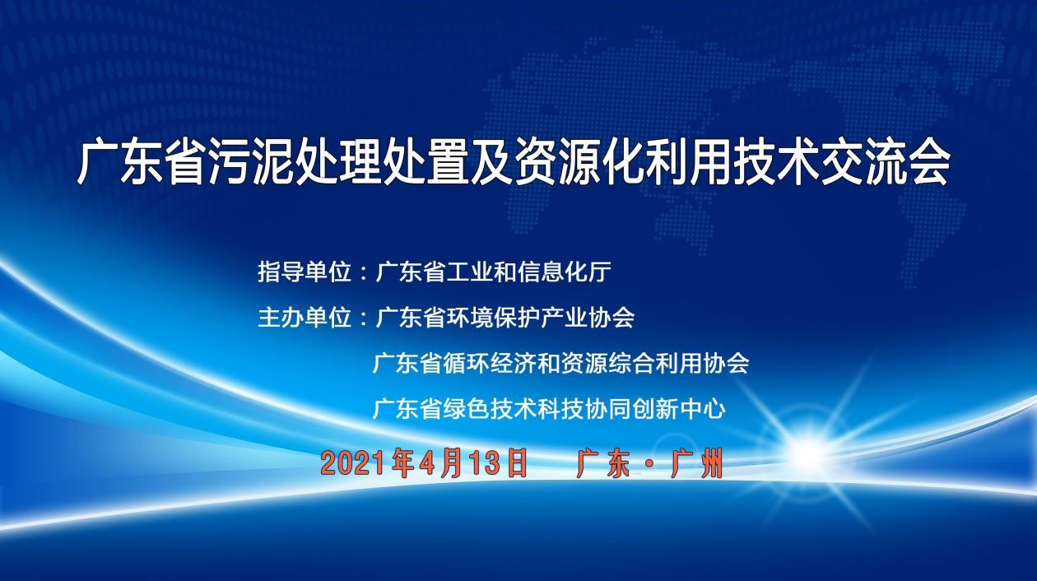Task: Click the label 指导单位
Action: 305,272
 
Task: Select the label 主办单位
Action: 305,318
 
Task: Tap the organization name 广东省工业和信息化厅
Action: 494,272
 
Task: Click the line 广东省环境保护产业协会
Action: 505,318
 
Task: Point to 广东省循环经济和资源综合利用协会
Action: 560,363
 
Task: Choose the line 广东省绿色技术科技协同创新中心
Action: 549,409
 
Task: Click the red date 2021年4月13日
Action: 424,463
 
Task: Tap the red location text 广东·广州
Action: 649,463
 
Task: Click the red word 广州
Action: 697,463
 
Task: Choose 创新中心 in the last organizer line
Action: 679,409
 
